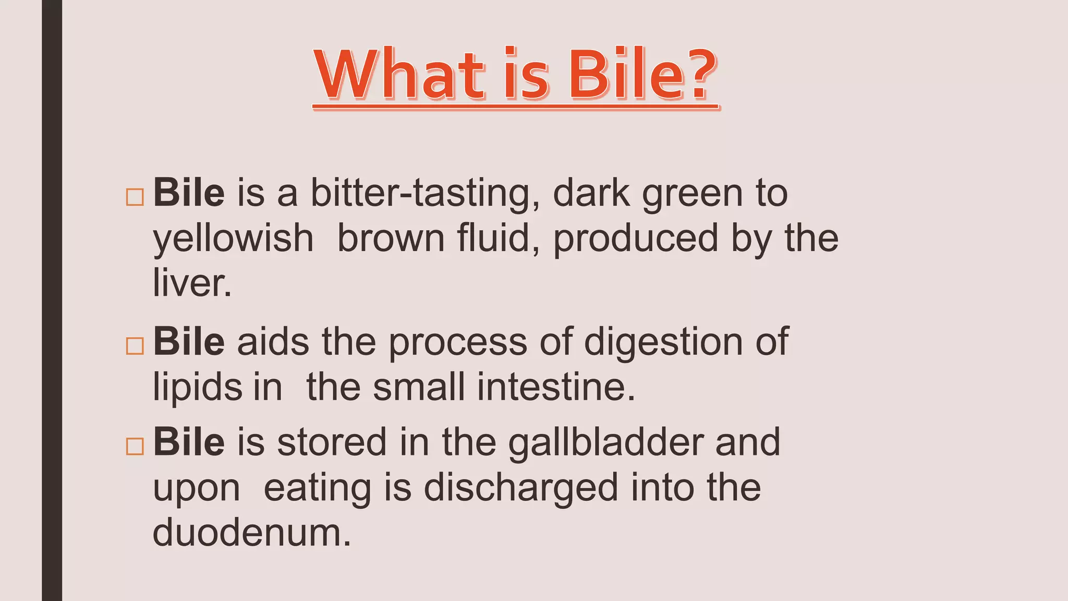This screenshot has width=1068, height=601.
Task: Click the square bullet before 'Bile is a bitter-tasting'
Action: pyautogui.click(x=135, y=197)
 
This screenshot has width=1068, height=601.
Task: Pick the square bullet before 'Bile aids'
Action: pyautogui.click(x=135, y=345)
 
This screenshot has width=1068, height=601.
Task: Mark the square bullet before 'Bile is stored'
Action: pyautogui.click(x=135, y=446)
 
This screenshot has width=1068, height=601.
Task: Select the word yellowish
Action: pyautogui.click(x=233, y=239)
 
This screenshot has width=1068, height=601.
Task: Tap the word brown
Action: pyautogui.click(x=391, y=238)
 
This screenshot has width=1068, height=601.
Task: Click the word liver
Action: pyautogui.click(x=191, y=283)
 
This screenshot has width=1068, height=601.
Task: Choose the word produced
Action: pyautogui.click(x=636, y=239)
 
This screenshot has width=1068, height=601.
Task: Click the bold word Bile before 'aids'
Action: pyautogui.click(x=189, y=342)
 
